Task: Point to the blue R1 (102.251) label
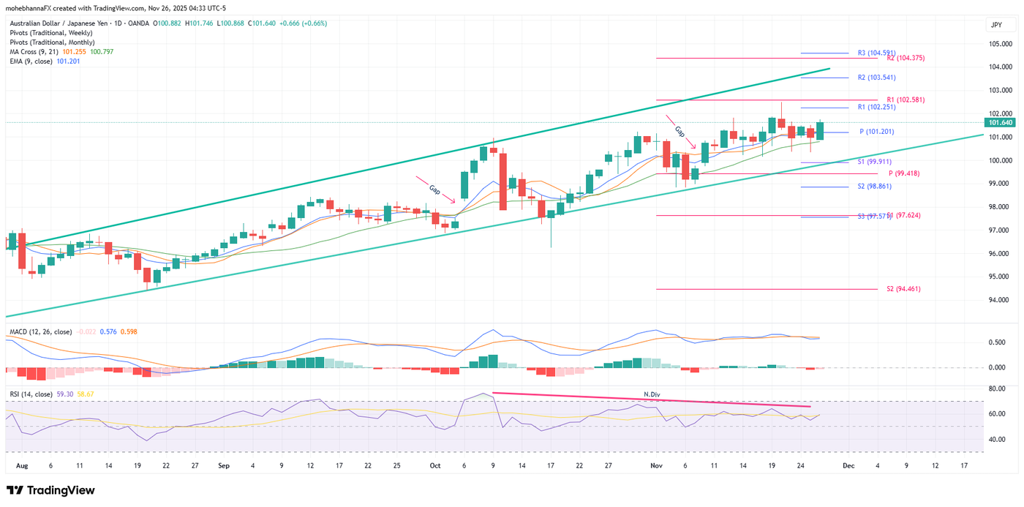click(x=876, y=108)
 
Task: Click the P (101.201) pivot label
click(x=877, y=132)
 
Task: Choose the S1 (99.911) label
click(x=875, y=162)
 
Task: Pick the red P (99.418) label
click(x=904, y=173)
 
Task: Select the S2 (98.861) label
click(x=875, y=187)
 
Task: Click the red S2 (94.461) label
click(x=903, y=289)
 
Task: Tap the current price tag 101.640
click(x=1000, y=122)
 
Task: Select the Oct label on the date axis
click(x=435, y=465)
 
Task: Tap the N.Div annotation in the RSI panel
click(x=652, y=394)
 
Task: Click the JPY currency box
click(x=996, y=25)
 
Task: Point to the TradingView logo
click(x=50, y=490)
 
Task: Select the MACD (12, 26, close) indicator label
click(x=40, y=332)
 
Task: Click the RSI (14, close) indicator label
click(x=31, y=394)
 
